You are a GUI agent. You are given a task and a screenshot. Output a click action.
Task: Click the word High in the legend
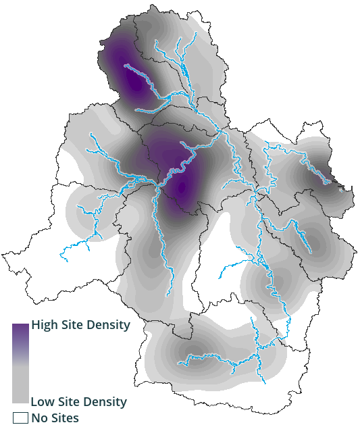(46, 324)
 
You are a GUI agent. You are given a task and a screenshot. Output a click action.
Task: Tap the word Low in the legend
(43, 402)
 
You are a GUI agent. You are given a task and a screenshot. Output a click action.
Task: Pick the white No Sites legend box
(20, 418)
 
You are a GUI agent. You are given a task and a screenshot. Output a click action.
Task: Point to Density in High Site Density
(108, 324)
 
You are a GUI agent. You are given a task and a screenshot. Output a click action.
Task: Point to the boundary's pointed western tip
(3, 255)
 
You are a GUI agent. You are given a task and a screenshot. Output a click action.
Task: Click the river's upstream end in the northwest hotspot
(126, 65)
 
